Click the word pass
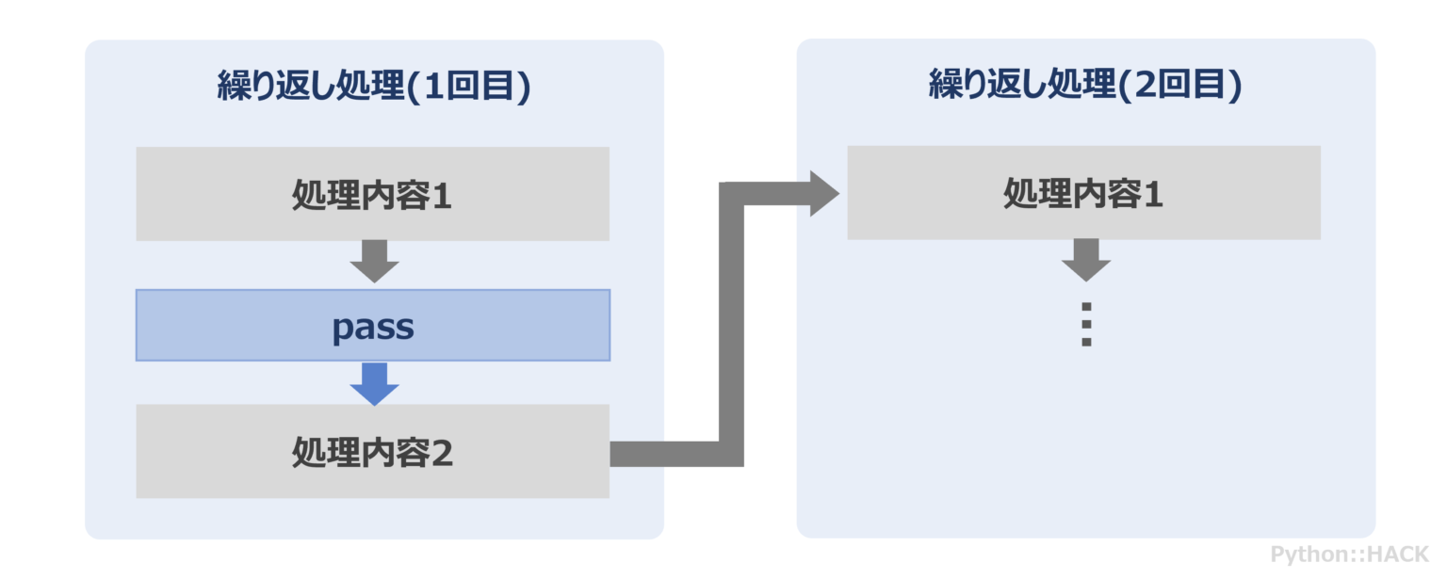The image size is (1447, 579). (x=373, y=328)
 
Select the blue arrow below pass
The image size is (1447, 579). (x=374, y=383)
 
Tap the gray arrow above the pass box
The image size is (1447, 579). (x=374, y=261)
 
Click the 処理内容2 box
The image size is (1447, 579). (x=372, y=452)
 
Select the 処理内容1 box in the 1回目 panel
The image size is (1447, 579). (x=372, y=194)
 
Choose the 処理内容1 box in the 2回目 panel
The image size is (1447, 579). (x=1083, y=193)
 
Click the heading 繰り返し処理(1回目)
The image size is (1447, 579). (x=374, y=87)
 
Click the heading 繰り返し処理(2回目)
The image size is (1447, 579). (x=1085, y=86)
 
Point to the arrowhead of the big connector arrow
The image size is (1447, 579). (x=822, y=194)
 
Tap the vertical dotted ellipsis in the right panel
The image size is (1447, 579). (x=1086, y=325)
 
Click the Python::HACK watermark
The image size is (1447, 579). (x=1349, y=554)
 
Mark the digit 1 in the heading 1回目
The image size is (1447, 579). (x=433, y=88)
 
